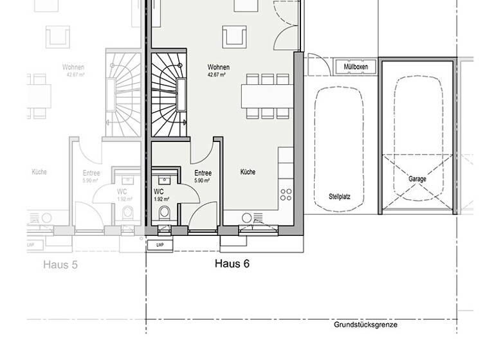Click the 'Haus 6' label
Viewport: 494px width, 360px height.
pos(232,264)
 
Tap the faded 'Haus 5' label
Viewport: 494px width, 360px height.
pos(60,264)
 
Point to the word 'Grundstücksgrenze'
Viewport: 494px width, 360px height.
pos(365,325)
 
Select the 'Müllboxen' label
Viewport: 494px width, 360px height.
pos(356,67)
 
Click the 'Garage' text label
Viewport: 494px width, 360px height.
pos(417,179)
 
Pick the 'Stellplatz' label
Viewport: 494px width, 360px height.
pos(339,197)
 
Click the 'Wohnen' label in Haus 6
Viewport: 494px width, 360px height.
pos(218,67)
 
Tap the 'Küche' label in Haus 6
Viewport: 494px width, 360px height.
pos(248,172)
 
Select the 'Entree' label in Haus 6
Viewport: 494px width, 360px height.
pos(203,173)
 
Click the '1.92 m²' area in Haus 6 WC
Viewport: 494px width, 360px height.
pos(161,199)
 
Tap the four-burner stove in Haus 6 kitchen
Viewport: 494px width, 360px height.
pos(286,194)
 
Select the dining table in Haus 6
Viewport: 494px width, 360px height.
pos(266,96)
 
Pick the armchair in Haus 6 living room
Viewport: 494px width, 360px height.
pos(233,37)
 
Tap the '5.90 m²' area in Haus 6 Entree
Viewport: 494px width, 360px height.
pos(203,181)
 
